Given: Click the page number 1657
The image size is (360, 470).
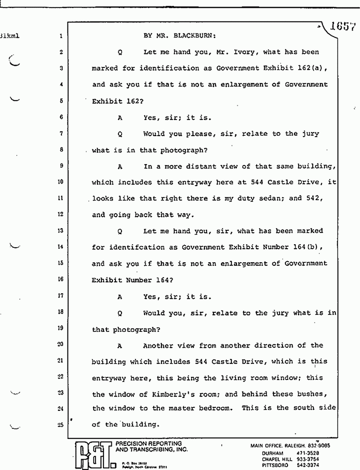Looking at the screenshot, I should click(342, 27).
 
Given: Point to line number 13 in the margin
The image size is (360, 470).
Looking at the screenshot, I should click(61, 231).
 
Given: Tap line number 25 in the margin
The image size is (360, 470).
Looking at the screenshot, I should click(61, 424).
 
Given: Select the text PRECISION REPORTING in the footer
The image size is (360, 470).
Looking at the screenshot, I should click(148, 443).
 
